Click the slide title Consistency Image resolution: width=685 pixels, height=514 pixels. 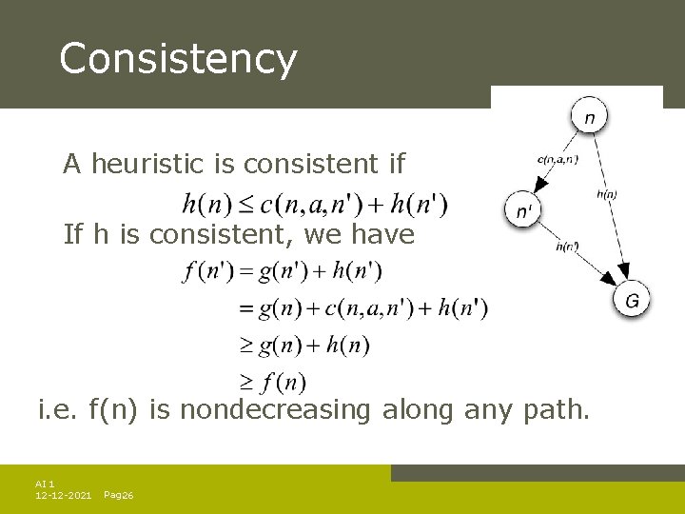point(178,59)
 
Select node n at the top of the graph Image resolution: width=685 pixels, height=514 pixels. point(590,118)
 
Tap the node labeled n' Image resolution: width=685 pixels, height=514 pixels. point(523,210)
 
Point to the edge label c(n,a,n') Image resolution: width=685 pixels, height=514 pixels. point(558,159)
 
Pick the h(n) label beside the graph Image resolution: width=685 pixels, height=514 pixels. point(606,194)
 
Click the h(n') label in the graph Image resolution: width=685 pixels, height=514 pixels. point(567,247)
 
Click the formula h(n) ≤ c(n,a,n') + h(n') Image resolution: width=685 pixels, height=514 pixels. point(314,204)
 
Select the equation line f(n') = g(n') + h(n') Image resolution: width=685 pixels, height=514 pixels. point(283,272)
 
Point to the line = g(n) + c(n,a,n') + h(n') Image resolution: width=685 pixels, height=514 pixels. point(362,308)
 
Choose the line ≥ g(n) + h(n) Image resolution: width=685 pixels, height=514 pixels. point(303,345)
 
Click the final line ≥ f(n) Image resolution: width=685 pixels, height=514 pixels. point(272,383)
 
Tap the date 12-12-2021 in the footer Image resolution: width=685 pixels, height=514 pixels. point(63,496)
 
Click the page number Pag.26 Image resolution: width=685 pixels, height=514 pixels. point(118,496)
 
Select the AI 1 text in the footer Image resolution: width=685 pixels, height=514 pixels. point(45,484)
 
